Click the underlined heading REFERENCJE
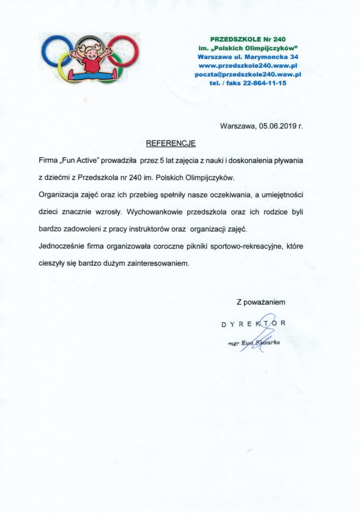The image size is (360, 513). click(170, 143)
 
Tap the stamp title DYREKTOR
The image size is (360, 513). click(254, 324)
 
